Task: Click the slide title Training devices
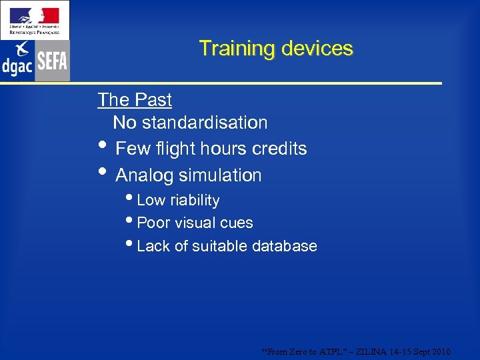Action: (x=275, y=49)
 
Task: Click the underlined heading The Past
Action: (x=135, y=100)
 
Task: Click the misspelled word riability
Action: (x=195, y=201)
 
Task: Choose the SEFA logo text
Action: (x=52, y=61)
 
